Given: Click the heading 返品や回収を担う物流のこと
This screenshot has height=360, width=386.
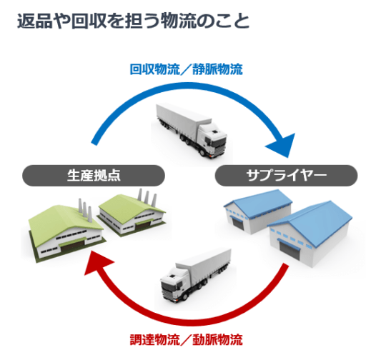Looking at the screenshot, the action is click(133, 21).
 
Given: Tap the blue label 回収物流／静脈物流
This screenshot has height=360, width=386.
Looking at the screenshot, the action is click(187, 69).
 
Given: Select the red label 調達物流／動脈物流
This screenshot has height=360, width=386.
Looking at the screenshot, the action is click(187, 340).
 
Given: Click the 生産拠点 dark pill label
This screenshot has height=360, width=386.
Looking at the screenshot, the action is click(94, 176).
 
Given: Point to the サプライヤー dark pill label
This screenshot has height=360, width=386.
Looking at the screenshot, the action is click(287, 176).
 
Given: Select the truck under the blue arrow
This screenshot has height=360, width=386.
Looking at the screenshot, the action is click(192, 131).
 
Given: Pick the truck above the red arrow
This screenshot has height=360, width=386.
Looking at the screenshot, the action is click(196, 276).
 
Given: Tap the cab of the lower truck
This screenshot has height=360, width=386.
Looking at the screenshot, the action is click(174, 286).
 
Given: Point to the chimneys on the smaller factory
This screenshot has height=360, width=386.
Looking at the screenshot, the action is click(147, 198).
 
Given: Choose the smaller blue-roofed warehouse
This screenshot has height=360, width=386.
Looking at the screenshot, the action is click(258, 211).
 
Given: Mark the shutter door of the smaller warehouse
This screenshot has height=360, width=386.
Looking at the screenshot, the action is click(238, 224).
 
